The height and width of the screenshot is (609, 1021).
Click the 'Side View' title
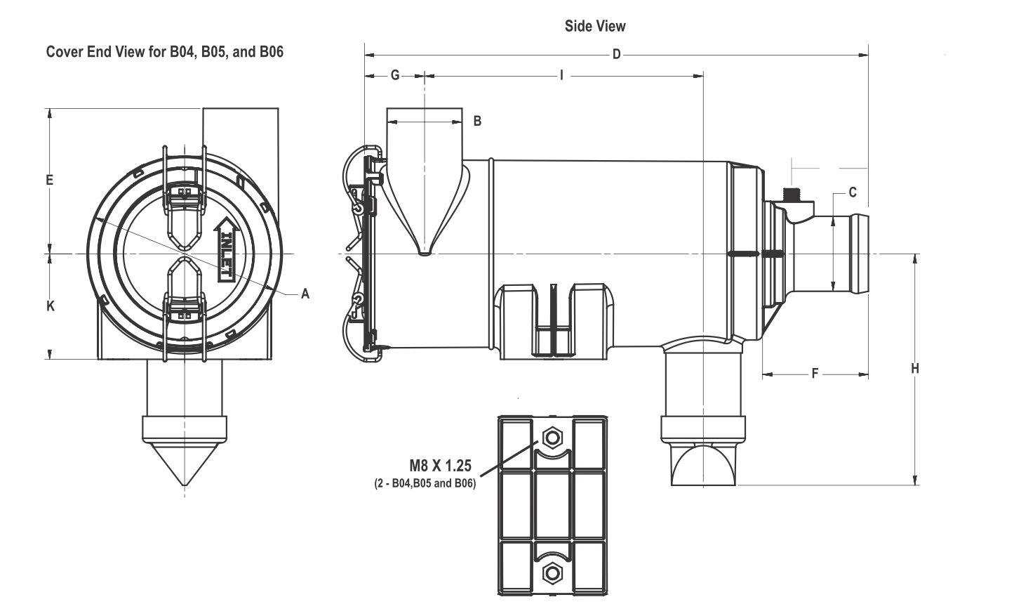595,26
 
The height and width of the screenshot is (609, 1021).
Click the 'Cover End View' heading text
164,52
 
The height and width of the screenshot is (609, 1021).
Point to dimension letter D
616,55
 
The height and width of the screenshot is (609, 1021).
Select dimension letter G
395,75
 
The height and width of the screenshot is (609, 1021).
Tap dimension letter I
561,75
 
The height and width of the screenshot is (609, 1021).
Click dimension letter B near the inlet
477,122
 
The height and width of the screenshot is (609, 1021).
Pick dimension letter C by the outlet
852,192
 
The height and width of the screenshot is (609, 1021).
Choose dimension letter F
815,374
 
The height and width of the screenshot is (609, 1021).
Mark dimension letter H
915,368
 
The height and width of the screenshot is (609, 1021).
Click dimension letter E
50,180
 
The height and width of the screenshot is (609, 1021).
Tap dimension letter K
50,306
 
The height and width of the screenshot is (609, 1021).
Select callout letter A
305,294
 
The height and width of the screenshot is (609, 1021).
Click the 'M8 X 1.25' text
441,465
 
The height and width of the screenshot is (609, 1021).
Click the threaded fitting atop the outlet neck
794,194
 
